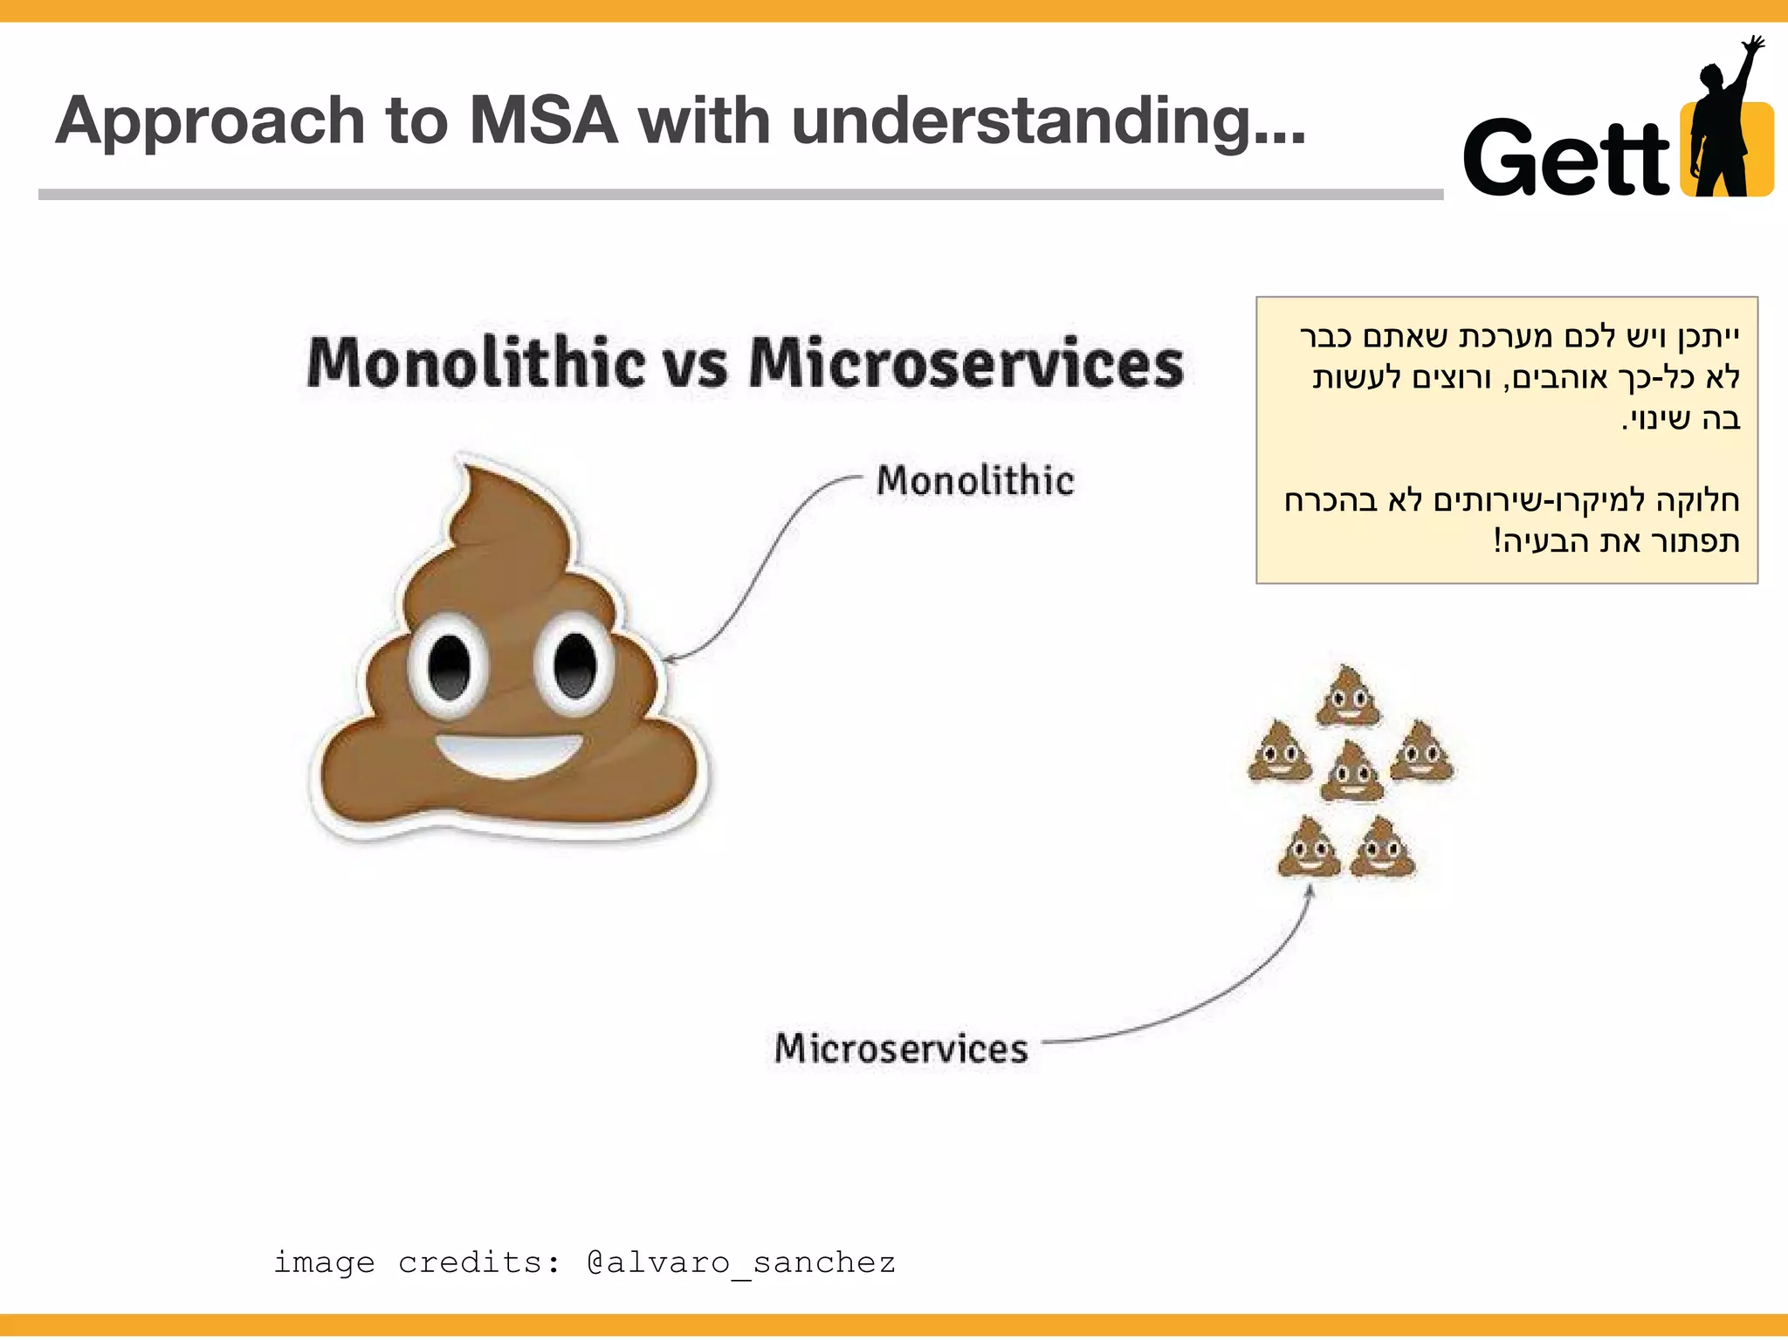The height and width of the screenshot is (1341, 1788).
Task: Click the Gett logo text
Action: pyautogui.click(x=1566, y=158)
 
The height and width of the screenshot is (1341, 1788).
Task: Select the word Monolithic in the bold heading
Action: pyautogui.click(x=476, y=362)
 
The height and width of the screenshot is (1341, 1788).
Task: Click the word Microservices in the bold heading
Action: pyautogui.click(x=966, y=362)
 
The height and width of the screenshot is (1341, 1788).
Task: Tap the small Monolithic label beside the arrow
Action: pyautogui.click(x=975, y=481)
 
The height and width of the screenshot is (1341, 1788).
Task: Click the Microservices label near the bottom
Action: pyautogui.click(x=901, y=1049)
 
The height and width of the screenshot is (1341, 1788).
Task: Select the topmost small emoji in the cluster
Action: pyautogui.click(x=1349, y=697)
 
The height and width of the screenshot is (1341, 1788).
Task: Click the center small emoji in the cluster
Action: pyautogui.click(x=1351, y=772)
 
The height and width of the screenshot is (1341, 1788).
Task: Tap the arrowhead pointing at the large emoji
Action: pyautogui.click(x=669, y=658)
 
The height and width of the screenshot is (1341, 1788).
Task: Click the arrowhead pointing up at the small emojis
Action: pyautogui.click(x=1310, y=891)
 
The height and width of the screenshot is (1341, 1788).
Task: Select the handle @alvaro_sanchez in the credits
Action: pyautogui.click(x=741, y=1262)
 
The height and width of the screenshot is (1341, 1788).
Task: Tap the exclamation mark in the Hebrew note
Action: pyautogui.click(x=1496, y=540)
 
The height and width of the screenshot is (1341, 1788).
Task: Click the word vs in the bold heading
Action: pyautogui.click(x=696, y=364)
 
